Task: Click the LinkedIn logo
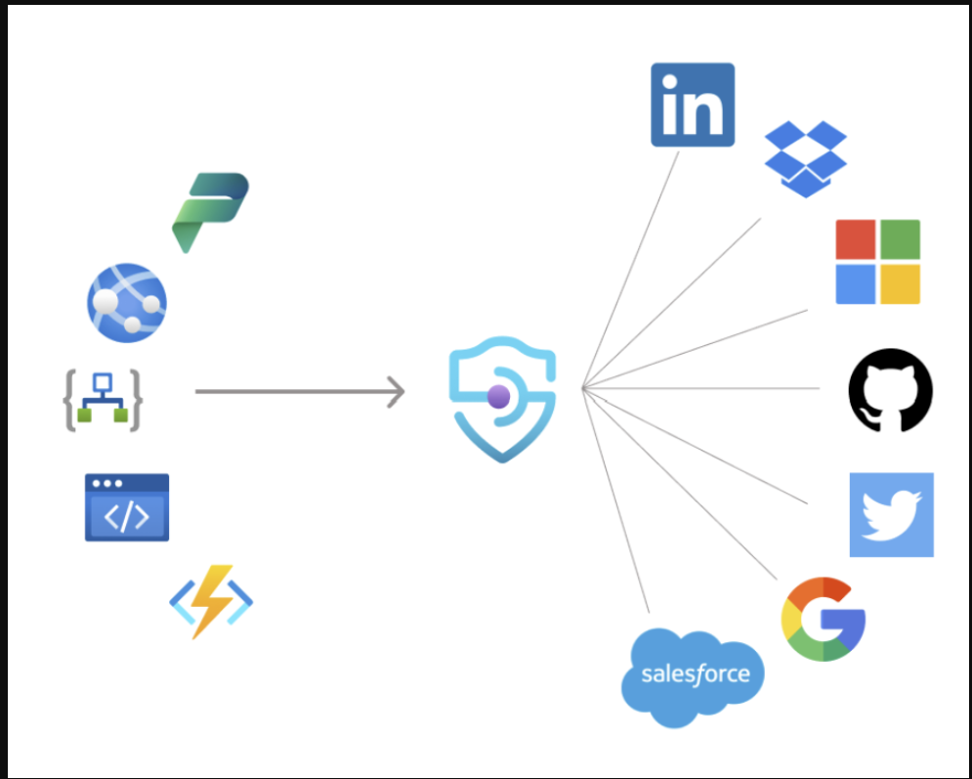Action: [693, 106]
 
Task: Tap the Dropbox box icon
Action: [805, 158]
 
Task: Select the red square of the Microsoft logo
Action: [856, 239]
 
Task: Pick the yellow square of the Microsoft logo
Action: [900, 284]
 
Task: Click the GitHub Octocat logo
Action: [890, 390]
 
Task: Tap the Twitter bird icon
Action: [891, 515]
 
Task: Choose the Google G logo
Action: [823, 619]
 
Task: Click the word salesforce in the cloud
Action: [695, 673]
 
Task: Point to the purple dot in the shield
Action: [498, 396]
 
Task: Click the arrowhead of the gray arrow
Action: [398, 392]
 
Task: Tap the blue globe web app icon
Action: [127, 302]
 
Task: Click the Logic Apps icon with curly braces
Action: [104, 399]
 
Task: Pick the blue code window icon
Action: [127, 507]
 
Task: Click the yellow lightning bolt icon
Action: [212, 601]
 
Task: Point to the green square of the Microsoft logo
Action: [900, 239]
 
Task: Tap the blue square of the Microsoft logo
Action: [856, 284]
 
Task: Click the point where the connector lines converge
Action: [582, 389]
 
